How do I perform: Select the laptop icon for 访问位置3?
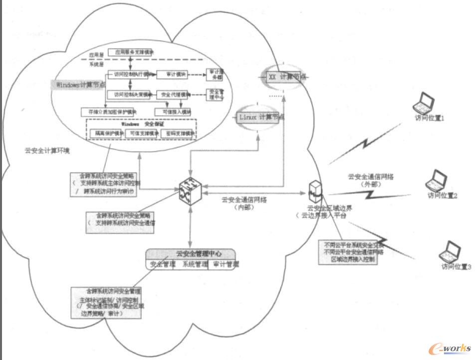pos(451,251)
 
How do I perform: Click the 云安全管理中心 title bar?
pos(190,253)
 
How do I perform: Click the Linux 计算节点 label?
pos(259,117)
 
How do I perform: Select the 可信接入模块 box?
pos(173,111)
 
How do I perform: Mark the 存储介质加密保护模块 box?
pos(109,111)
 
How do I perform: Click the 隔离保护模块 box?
pos(107,133)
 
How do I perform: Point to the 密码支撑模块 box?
pos(176,133)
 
